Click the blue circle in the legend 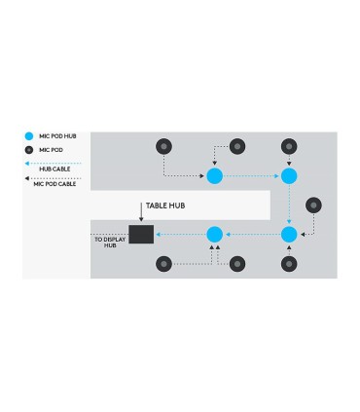(x=30, y=137)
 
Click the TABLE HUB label (x=166, y=206)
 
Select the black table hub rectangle (x=142, y=234)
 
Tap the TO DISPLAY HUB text (x=118, y=243)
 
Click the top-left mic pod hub (x=215, y=175)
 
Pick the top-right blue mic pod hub (x=288, y=175)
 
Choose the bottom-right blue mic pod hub (x=288, y=234)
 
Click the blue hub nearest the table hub (x=215, y=234)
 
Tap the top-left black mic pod (x=163, y=146)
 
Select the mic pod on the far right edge (x=313, y=205)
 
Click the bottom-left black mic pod (x=163, y=263)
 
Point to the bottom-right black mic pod (x=288, y=263)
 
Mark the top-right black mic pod (x=288, y=146)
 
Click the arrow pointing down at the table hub (x=141, y=216)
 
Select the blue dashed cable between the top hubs (x=251, y=175)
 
